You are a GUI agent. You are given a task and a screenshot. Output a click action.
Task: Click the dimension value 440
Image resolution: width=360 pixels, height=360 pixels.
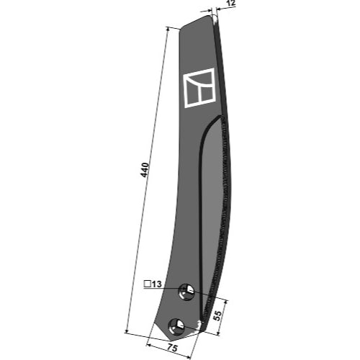145,170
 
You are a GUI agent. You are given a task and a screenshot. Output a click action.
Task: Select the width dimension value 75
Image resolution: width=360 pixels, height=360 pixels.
172,348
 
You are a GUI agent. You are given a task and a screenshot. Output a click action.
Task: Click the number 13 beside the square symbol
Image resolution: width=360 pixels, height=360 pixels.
157,284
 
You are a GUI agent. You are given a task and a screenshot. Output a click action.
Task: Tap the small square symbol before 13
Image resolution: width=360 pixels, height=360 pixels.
147,284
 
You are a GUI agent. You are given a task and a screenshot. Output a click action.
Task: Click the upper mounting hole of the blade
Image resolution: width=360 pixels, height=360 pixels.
186,292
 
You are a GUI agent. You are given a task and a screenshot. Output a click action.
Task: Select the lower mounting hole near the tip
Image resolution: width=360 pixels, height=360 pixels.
177,327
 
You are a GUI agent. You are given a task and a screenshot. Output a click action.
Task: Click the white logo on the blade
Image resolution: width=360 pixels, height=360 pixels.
199,88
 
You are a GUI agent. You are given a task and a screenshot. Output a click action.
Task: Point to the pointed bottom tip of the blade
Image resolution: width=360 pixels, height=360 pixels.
170,340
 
